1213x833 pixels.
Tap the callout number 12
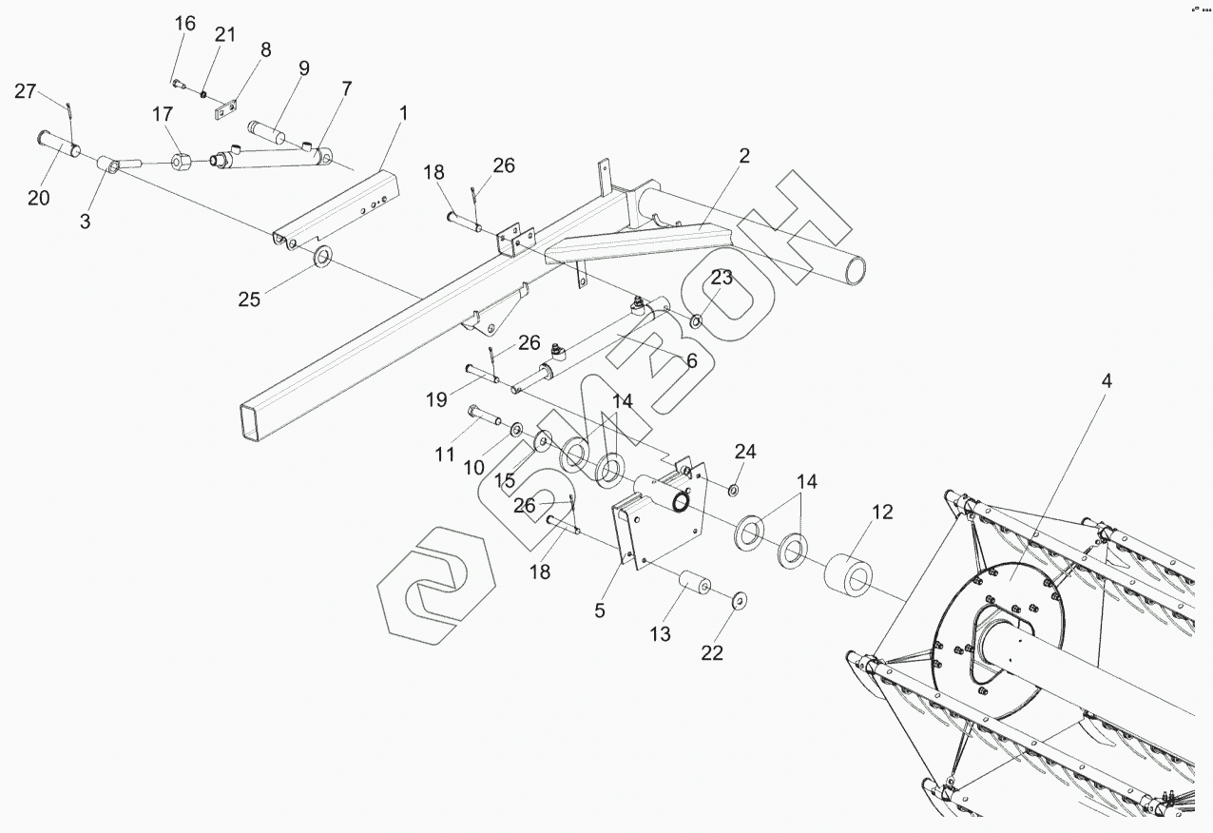point(881,512)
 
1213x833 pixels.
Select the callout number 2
point(744,156)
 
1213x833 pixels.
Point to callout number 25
point(249,300)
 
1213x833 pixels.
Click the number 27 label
point(26,91)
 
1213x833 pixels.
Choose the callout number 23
point(722,277)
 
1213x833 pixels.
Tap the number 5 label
point(599,610)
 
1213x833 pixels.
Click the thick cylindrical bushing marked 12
point(850,576)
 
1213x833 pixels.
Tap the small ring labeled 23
point(697,320)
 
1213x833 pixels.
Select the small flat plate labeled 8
point(224,110)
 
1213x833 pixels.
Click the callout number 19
point(436,399)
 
